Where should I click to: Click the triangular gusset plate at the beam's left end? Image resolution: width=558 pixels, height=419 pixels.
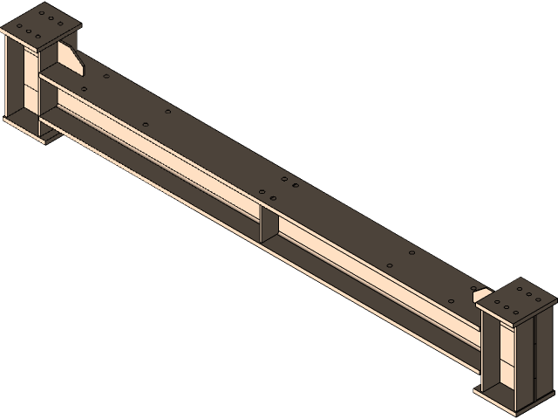click(71, 61)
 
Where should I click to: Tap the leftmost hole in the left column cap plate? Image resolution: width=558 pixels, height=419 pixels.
click(17, 31)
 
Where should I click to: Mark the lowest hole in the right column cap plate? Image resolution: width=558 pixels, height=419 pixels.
click(508, 316)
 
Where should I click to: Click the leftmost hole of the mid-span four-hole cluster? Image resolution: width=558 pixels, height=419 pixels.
click(262, 192)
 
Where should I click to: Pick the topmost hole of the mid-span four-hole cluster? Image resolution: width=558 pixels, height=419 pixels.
click(283, 178)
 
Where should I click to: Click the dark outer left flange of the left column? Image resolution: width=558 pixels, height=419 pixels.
click(10, 79)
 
